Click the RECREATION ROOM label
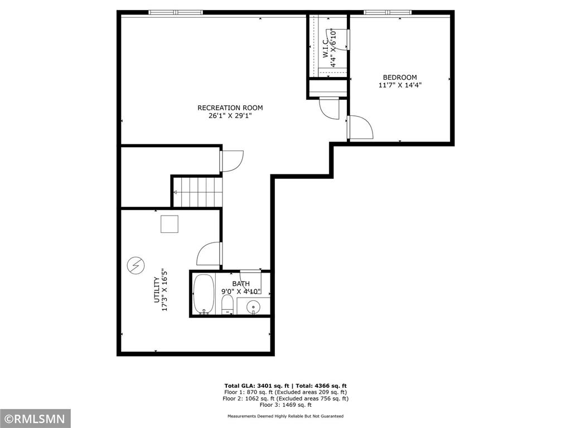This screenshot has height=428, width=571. click(x=230, y=108)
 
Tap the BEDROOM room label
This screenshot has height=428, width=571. click(x=400, y=77)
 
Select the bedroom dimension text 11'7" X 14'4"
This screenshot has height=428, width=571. click(x=400, y=85)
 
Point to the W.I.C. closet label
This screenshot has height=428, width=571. click(x=325, y=48)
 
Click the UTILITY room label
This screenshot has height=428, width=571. click(x=157, y=290)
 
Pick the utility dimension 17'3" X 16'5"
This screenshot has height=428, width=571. click(x=164, y=290)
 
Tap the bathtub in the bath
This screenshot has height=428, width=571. click(x=203, y=294)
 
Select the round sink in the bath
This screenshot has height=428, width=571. click(x=253, y=307)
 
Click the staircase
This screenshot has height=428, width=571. click(x=197, y=192)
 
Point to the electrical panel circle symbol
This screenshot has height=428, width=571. click(x=136, y=265)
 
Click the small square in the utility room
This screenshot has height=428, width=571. click(x=170, y=224)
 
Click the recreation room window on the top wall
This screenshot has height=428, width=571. click(x=176, y=12)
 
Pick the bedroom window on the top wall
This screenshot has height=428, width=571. click(x=388, y=12)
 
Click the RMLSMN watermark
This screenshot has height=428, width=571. click(x=35, y=419)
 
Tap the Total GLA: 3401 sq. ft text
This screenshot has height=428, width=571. click(x=257, y=386)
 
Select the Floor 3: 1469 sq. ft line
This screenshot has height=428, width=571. click(x=285, y=405)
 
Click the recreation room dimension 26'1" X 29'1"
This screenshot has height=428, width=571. click(x=230, y=116)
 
